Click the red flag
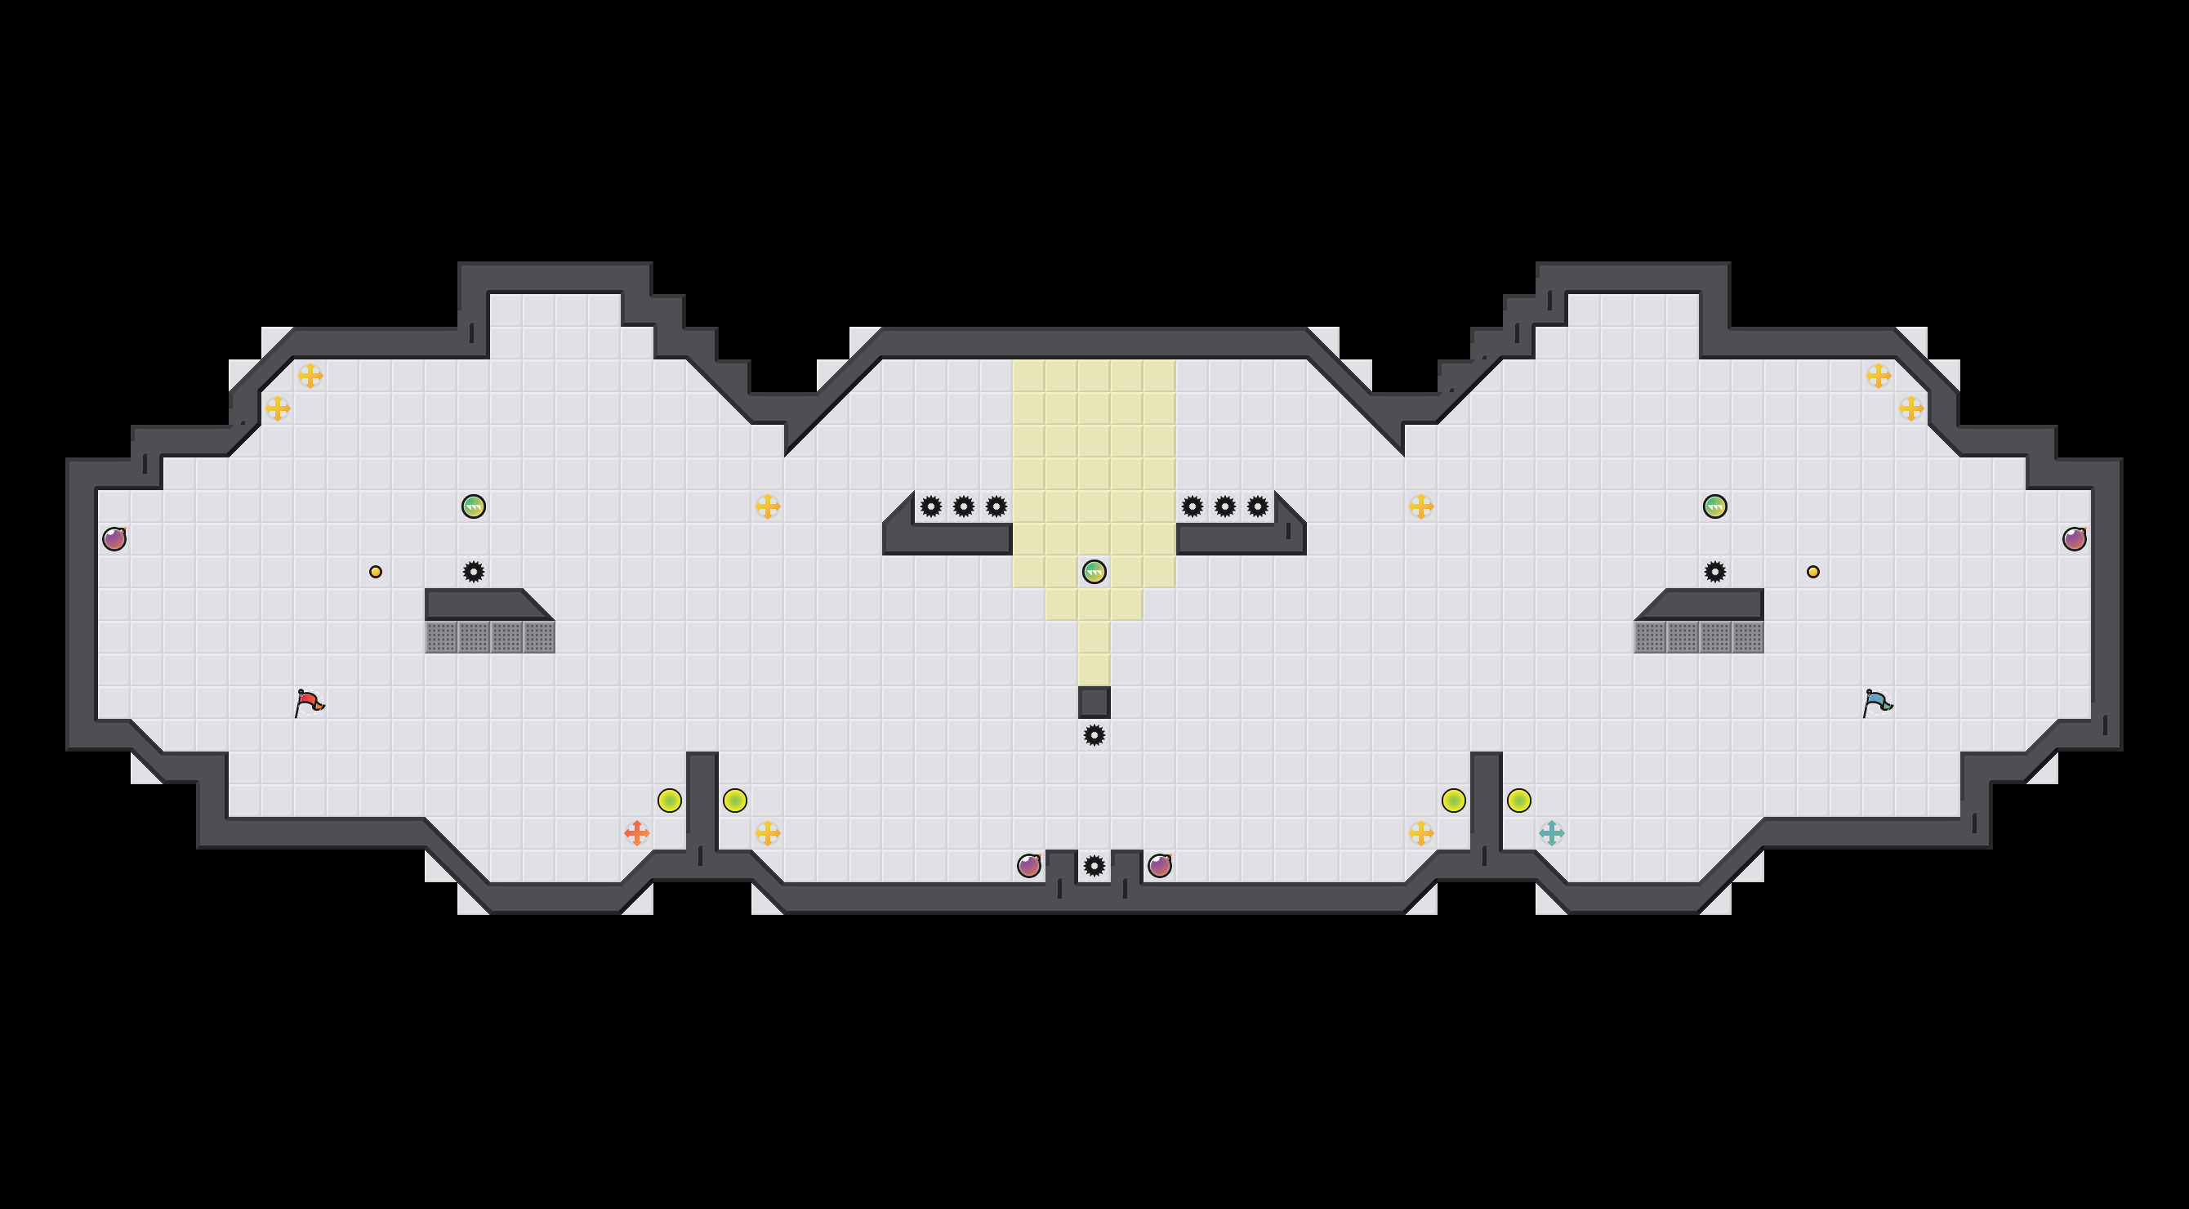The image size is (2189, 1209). point(309,703)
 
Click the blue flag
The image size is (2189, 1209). point(1877,703)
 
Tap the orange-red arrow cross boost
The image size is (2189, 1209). point(636,832)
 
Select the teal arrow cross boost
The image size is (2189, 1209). point(1552,832)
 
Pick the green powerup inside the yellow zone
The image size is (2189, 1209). point(1094,572)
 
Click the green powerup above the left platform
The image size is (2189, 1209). point(473,506)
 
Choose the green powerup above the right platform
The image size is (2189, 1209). point(1714,506)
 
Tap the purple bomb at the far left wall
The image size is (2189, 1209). point(114,538)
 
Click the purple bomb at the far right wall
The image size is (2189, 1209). point(2075,538)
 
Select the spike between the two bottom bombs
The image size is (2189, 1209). point(1094,866)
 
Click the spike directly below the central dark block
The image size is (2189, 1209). point(1094,735)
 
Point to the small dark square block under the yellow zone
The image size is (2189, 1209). point(1094,702)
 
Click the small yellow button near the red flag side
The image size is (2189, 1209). point(376,572)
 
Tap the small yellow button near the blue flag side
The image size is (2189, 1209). point(1813,572)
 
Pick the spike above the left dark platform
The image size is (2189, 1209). point(473,572)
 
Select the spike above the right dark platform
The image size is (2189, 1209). point(1714,572)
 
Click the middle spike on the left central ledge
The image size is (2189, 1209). point(964,506)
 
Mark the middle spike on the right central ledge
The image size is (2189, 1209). point(1224,506)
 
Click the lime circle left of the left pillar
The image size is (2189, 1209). point(670,801)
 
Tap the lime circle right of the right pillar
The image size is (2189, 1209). point(1518,801)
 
